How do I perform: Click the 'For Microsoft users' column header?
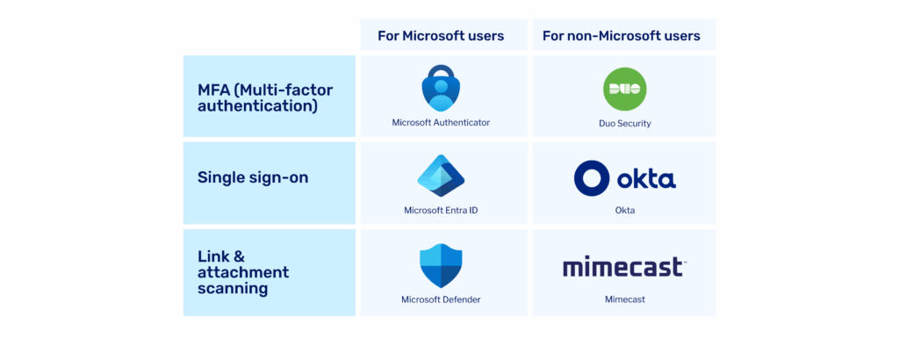(x=441, y=36)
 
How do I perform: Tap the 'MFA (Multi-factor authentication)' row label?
(x=264, y=97)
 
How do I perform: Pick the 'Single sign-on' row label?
(x=253, y=177)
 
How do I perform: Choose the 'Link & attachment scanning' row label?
(x=243, y=272)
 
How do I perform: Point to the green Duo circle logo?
(x=624, y=89)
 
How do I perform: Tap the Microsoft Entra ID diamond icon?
(x=441, y=175)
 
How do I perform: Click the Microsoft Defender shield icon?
(x=441, y=265)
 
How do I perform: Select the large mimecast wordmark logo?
(x=624, y=266)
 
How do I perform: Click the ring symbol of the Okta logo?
(x=591, y=177)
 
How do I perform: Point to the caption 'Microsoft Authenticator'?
(x=441, y=123)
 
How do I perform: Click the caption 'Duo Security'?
(x=624, y=124)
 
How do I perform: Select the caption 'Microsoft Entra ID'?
(x=441, y=211)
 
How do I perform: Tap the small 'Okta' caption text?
(x=624, y=211)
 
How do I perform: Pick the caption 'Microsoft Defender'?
(x=441, y=299)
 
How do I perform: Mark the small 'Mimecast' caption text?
(x=624, y=299)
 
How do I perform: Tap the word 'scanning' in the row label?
(x=233, y=288)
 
